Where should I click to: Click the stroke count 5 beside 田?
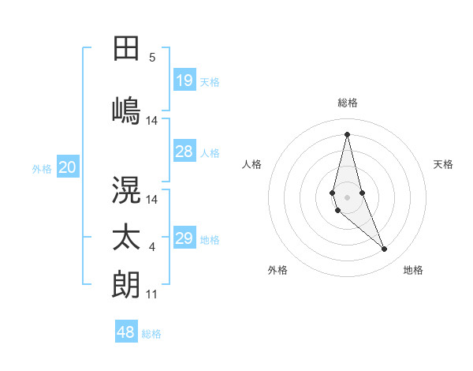click(152, 58)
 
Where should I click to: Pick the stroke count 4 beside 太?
click(152, 248)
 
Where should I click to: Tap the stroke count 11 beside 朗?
click(152, 294)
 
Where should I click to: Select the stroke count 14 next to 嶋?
click(152, 121)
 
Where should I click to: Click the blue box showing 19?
click(184, 81)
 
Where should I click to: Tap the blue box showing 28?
click(184, 152)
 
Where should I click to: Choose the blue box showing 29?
click(184, 238)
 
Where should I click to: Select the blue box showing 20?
click(68, 167)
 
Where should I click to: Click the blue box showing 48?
click(126, 332)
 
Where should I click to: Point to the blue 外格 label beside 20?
click(42, 168)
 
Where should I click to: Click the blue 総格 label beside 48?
click(151, 334)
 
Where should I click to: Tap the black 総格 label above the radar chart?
click(348, 103)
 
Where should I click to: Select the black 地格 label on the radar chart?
click(413, 270)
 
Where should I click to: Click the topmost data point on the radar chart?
click(347, 133)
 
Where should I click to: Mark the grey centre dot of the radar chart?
click(347, 195)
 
